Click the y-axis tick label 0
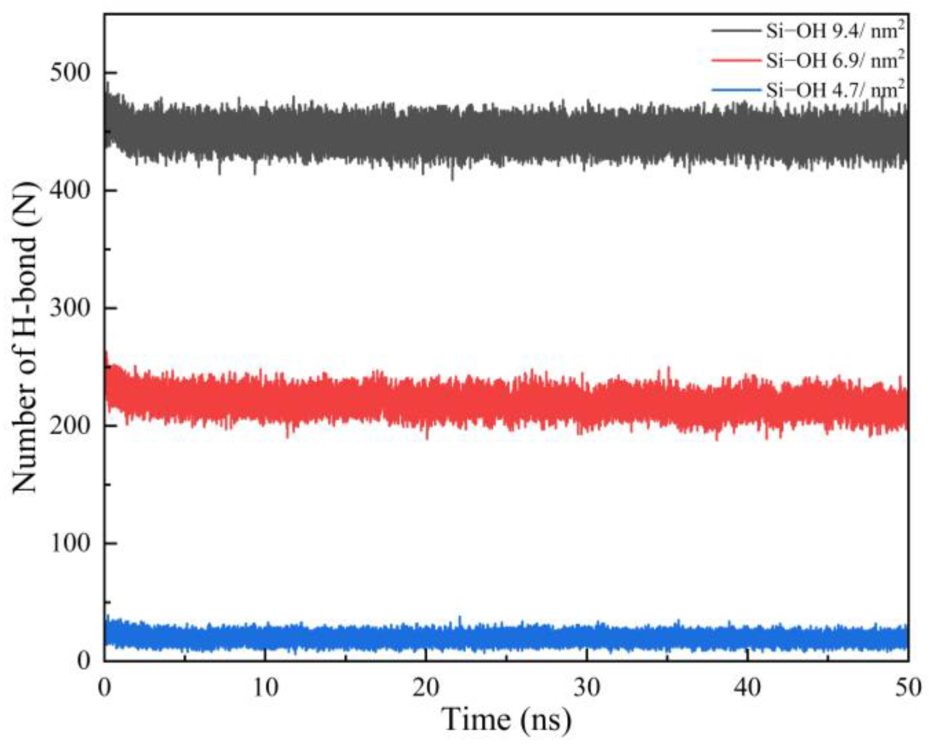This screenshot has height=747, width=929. (83, 660)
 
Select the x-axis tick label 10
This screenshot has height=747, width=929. (265, 688)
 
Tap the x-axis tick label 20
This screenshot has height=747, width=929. (426, 688)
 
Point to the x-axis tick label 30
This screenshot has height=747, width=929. (587, 688)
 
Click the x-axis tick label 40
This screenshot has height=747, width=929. (748, 688)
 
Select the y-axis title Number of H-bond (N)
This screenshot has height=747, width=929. (25, 338)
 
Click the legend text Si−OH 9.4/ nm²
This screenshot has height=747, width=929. (835, 31)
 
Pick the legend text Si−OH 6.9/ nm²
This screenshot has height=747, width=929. (835, 60)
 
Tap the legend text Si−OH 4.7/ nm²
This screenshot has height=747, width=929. (835, 89)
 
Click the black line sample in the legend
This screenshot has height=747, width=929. (735, 31)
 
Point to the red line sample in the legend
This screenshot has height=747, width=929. (735, 60)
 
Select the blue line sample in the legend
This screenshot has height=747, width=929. (735, 89)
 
